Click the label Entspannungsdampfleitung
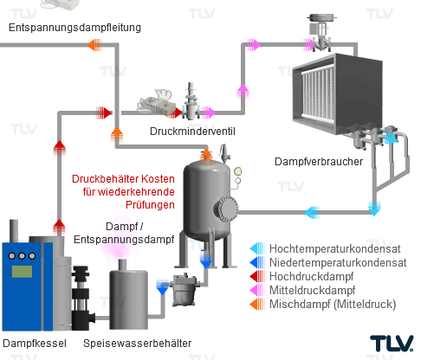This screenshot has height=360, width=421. tap(74, 28)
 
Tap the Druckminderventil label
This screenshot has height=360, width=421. tap(192, 132)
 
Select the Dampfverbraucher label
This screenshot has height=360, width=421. tap(319, 162)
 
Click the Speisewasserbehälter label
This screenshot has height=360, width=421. tap(137, 344)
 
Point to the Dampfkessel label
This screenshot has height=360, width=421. tap(35, 344)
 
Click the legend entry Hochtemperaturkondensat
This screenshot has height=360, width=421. tap(334, 248)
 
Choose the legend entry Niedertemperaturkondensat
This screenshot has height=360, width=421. tap(338, 262)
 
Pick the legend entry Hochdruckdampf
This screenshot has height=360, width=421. tap(311, 276)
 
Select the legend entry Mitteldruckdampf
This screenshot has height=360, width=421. tap(312, 290)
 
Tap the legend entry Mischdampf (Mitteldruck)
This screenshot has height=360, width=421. tap(333, 304)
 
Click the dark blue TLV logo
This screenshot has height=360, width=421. tap(392, 344)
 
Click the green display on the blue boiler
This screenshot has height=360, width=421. tap(22, 272)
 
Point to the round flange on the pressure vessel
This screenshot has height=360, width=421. tap(228, 208)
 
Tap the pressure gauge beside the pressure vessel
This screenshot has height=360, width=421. tap(237, 171)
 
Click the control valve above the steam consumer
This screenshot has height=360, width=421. tap(321, 32)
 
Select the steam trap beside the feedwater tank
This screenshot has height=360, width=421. tap(185, 289)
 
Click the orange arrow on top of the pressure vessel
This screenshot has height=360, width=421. tap(206, 156)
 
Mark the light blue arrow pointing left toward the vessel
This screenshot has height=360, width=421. tap(313, 213)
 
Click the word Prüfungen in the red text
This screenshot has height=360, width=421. tap(150, 205)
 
